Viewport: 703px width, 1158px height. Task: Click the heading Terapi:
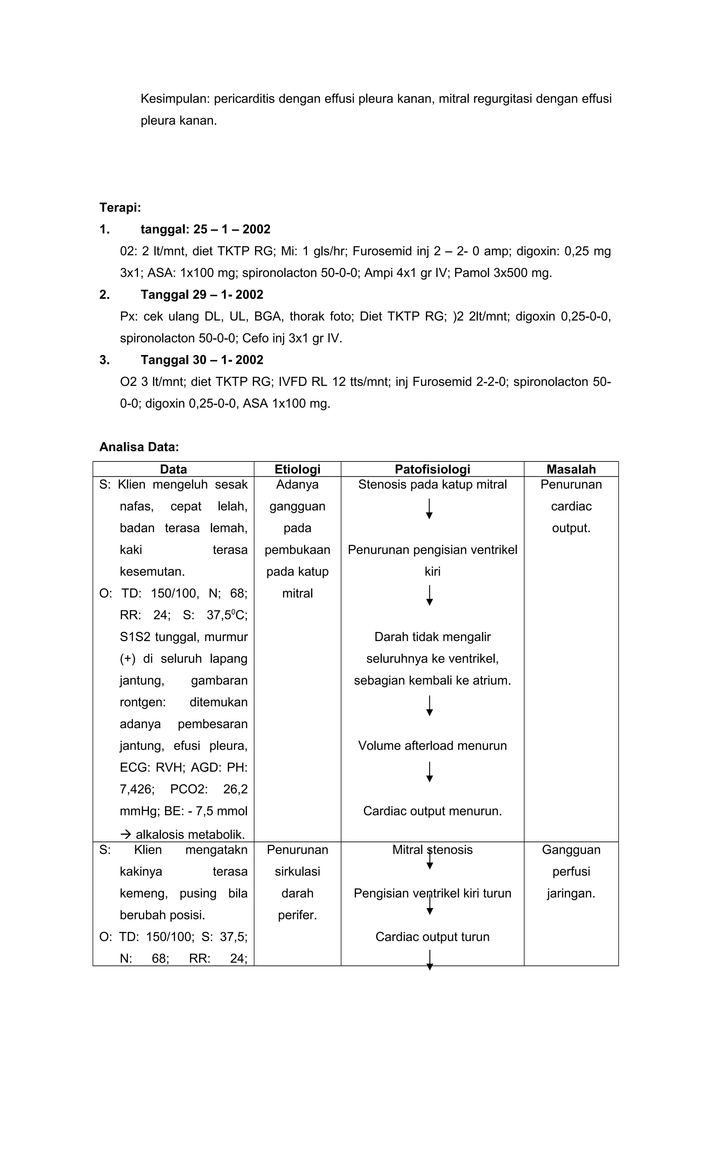120,207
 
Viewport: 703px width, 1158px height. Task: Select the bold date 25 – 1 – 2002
232,229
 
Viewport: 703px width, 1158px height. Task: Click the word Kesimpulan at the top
175,99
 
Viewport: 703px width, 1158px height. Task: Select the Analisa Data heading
139,447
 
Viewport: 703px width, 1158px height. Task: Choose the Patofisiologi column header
432,469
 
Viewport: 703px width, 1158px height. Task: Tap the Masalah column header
571,469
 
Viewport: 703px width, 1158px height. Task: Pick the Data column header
173,469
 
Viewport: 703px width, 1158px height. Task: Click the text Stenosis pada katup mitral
432,484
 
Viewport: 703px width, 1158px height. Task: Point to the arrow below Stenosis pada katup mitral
429,509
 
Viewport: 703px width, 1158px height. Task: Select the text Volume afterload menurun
432,746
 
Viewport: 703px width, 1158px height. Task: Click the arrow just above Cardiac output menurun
429,772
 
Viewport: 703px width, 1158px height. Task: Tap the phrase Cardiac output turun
432,937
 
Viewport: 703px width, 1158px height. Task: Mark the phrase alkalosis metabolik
190,835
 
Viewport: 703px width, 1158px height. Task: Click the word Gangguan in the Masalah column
571,850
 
